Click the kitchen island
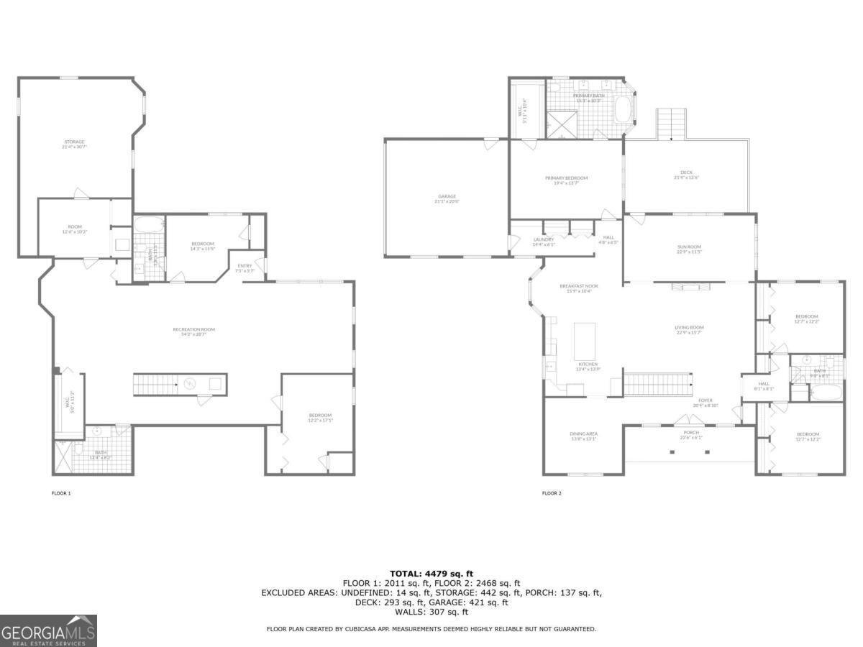coord(585,341)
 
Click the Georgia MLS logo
coord(48,630)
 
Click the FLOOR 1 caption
coord(61,493)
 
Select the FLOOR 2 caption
coord(552,493)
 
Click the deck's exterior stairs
coord(672,124)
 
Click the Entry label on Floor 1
coord(245,268)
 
